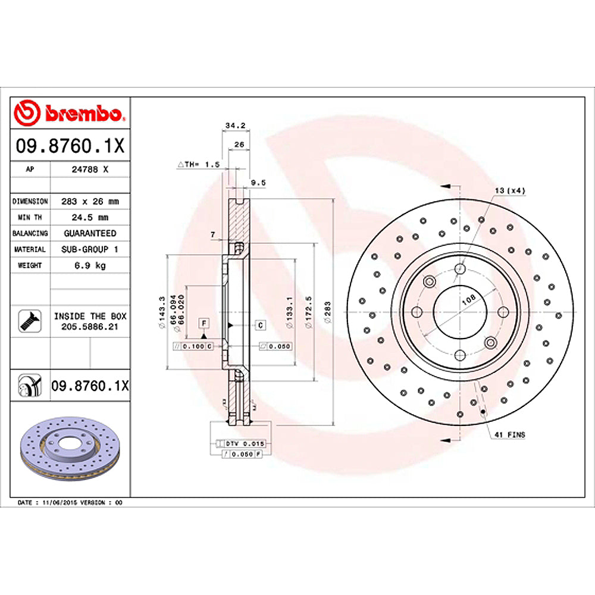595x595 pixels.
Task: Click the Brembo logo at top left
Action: tap(70, 113)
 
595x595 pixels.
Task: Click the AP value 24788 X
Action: tap(89, 169)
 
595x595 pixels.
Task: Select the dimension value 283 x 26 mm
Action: tap(89, 202)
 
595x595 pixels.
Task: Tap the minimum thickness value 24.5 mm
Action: tap(89, 217)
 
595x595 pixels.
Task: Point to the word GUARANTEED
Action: tap(90, 233)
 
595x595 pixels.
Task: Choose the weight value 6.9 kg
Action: tap(89, 265)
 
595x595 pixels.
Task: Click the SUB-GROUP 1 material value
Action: tap(90, 249)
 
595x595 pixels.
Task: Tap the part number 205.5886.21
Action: tap(90, 327)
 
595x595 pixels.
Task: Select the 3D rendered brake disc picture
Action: tap(70, 450)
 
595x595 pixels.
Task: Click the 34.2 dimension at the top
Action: tap(236, 126)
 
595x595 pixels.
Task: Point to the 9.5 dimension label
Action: tap(258, 183)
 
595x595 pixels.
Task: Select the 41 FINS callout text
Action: tap(510, 435)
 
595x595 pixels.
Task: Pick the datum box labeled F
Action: tap(204, 323)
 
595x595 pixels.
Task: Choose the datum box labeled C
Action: tap(260, 325)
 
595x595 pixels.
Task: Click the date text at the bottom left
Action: tap(70, 503)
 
